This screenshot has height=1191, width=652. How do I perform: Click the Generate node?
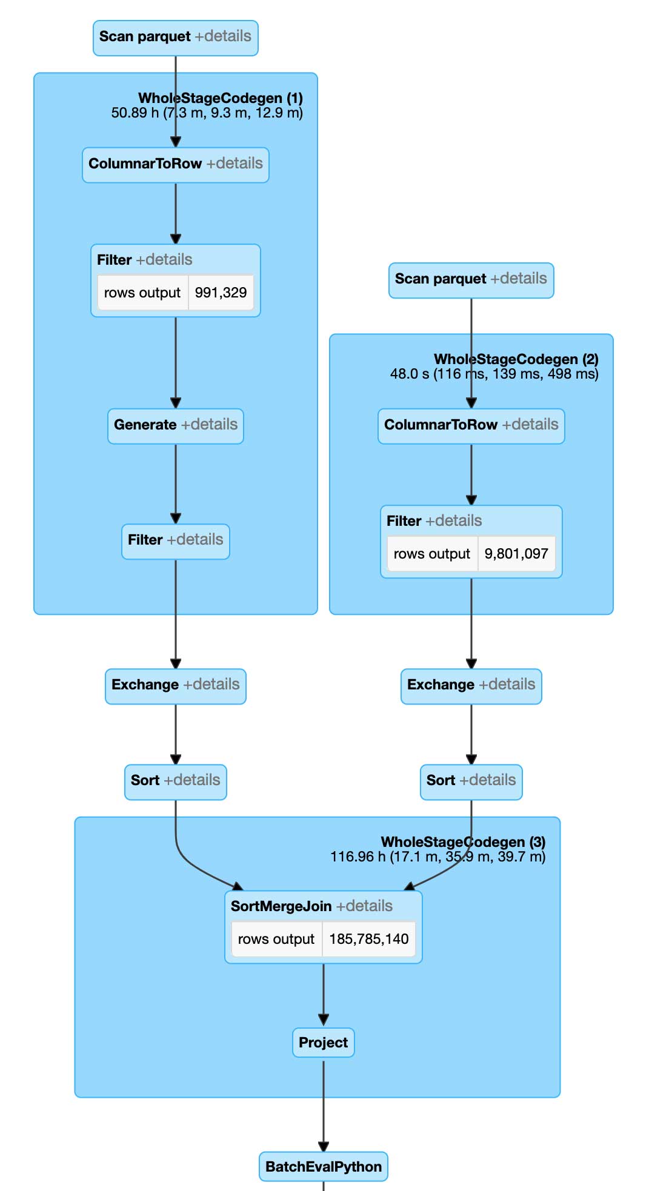[x=145, y=425]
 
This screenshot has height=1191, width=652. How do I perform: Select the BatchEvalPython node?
[x=323, y=1167]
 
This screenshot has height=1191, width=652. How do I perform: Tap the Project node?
[x=323, y=1043]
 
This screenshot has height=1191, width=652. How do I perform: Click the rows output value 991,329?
[x=221, y=293]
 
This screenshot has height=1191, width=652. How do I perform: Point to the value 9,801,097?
[x=516, y=554]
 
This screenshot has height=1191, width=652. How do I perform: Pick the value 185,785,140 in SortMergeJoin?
[x=368, y=939]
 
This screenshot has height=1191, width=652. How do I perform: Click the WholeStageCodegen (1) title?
[x=220, y=98]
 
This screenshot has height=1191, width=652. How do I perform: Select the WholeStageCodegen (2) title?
[x=516, y=359]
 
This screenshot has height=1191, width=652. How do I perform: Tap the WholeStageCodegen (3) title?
[x=463, y=842]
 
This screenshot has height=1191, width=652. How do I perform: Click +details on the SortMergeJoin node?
[x=364, y=906]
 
